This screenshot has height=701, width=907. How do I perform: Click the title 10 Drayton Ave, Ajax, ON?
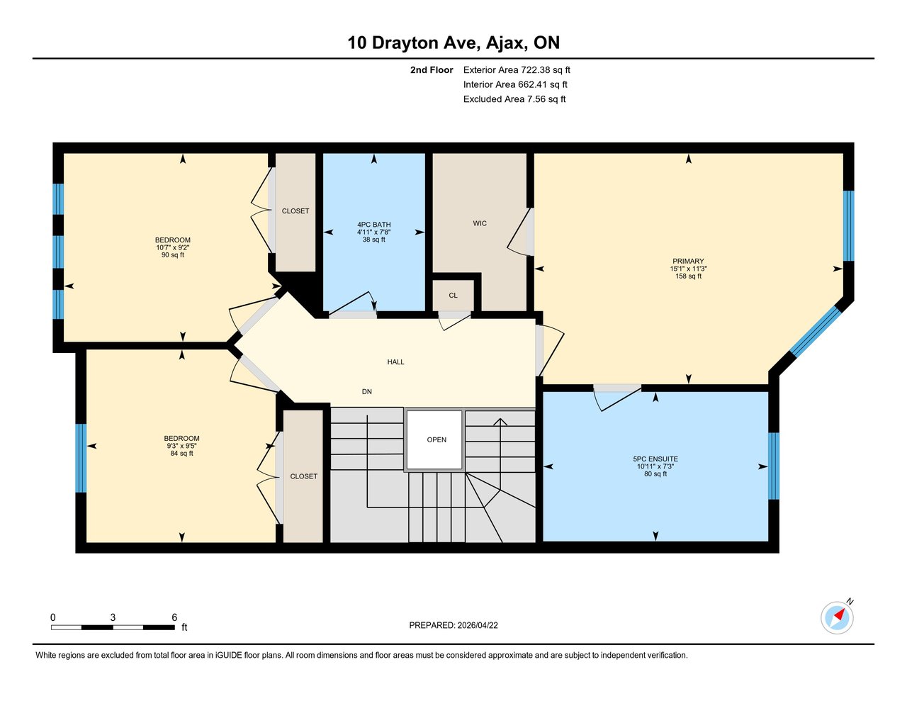(453, 43)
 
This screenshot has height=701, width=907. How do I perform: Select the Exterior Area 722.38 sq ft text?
(516, 70)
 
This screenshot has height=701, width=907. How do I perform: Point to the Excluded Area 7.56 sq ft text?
(514, 99)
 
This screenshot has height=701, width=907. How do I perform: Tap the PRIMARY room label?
(688, 262)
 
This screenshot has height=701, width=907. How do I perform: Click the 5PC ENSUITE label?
(655, 459)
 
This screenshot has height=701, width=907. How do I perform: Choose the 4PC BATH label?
(373, 225)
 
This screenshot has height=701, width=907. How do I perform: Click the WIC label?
(480, 223)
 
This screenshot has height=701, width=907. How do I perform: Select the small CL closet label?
(453, 296)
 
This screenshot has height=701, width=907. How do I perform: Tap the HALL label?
(395, 362)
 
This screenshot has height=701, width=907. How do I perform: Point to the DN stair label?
(366, 392)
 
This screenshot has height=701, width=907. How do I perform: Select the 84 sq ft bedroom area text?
(181, 454)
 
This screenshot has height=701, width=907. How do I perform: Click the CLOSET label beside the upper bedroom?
(295, 211)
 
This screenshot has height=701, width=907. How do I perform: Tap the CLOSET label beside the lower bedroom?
(303, 476)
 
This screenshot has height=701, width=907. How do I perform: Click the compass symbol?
(837, 617)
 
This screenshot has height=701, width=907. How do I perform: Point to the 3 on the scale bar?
(113, 617)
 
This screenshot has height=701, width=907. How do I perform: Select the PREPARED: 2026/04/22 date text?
(453, 625)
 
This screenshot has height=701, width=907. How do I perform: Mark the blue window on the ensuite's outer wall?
(774, 466)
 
